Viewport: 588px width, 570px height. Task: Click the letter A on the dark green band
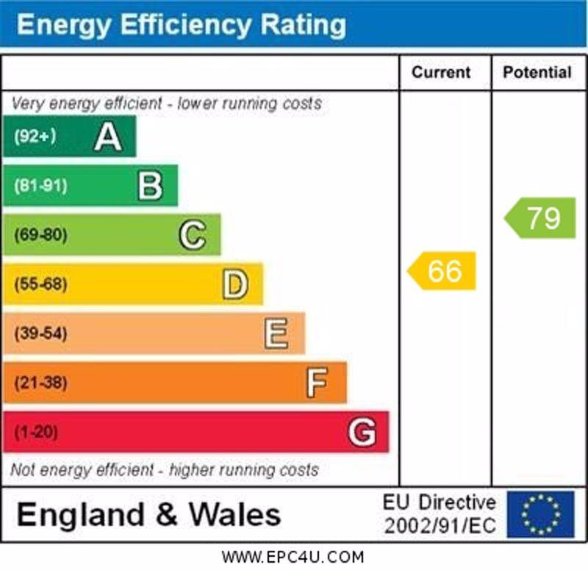click(x=108, y=137)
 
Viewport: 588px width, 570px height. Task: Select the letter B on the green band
click(x=150, y=186)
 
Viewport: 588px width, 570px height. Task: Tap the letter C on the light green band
click(x=193, y=235)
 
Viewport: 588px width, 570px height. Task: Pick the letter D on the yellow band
click(x=235, y=284)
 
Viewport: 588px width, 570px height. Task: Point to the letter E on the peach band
click(x=276, y=333)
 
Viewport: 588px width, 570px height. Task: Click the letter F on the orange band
click(x=318, y=383)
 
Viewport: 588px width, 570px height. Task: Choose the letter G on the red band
click(x=362, y=432)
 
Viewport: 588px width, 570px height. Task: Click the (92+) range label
click(x=35, y=137)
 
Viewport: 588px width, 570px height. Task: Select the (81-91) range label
click(x=40, y=186)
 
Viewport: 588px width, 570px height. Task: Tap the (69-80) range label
click(x=40, y=235)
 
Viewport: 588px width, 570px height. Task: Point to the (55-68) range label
click(x=40, y=284)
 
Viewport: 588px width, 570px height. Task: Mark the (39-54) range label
click(x=40, y=333)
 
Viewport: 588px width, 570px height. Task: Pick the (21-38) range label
click(x=40, y=383)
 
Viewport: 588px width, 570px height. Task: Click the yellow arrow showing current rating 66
click(x=443, y=271)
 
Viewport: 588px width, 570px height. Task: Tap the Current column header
click(x=441, y=72)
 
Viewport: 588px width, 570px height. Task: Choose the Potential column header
click(x=537, y=72)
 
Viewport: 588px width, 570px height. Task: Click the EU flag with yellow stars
click(x=540, y=514)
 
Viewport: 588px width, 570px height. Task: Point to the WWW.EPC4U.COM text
click(x=293, y=557)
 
